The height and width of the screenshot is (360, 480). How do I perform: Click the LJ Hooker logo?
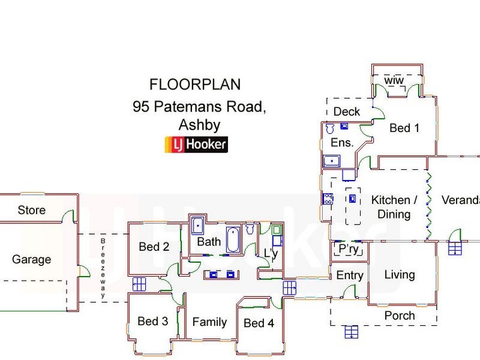click(x=196, y=145)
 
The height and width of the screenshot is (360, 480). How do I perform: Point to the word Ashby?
click(x=200, y=126)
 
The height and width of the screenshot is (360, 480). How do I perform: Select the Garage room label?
click(x=31, y=260)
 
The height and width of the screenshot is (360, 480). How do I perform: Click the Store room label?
click(x=31, y=211)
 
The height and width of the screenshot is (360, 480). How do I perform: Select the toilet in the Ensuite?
click(x=329, y=128)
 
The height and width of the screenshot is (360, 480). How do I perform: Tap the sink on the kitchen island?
click(x=353, y=199)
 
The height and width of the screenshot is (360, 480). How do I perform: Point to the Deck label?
click(x=346, y=112)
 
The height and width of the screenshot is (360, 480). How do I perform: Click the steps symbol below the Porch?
click(x=352, y=332)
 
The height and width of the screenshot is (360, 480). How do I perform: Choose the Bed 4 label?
click(x=259, y=323)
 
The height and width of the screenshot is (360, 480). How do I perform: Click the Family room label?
click(x=209, y=322)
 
